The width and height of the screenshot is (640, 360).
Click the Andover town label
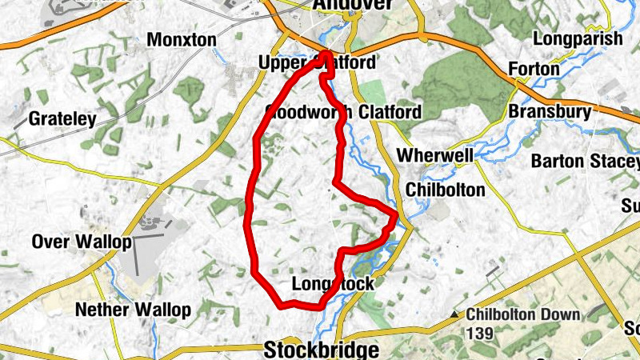pyautogui.click(x=353, y=6)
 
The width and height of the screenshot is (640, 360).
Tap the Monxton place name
pyautogui.click(x=182, y=39)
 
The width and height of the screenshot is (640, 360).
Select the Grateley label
pyautogui.click(x=62, y=120)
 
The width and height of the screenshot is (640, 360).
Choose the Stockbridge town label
pyautogui.click(x=321, y=350)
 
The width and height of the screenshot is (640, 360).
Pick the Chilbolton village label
pyautogui.click(x=445, y=190)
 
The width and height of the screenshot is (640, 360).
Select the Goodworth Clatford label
pyautogui.click(x=343, y=112)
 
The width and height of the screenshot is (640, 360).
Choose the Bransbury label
pyautogui.click(x=550, y=112)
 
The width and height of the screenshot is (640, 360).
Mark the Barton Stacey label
pyautogui.click(x=586, y=161)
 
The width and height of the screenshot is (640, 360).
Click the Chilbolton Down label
pyautogui.click(x=523, y=314)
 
